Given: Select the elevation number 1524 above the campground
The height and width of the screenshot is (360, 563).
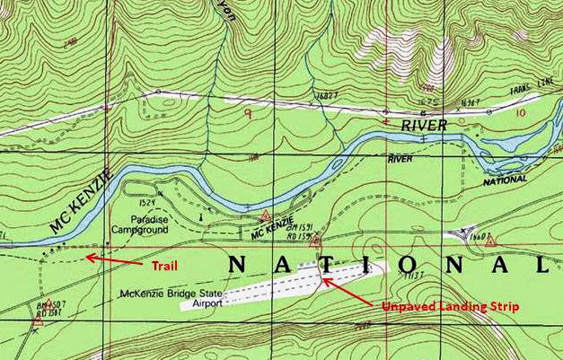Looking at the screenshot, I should tap(149, 205).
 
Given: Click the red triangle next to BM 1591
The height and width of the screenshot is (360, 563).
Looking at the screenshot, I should tap(314, 241).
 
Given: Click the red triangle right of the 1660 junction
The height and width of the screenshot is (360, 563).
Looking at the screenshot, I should tap(490, 241).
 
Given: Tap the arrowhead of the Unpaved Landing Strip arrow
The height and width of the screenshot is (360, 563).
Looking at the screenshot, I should tap(325, 280).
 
